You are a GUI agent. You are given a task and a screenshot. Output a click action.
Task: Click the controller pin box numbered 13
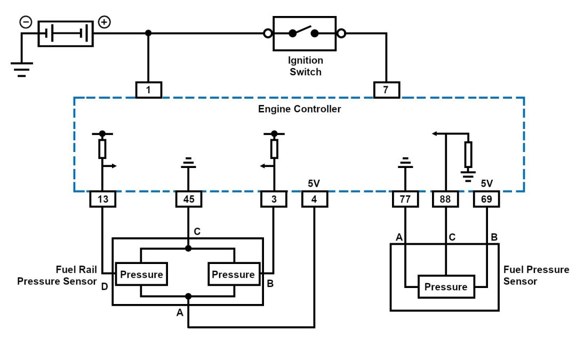point(102,199)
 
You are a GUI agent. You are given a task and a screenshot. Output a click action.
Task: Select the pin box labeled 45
point(189,199)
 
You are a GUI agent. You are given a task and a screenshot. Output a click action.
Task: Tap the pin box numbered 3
point(274,199)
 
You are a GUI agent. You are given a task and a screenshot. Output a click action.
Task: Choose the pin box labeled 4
point(315,199)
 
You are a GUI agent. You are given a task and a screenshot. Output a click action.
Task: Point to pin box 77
point(405,199)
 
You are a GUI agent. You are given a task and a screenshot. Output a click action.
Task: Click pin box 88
point(446,199)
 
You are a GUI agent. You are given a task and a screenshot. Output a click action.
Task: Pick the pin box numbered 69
point(487,199)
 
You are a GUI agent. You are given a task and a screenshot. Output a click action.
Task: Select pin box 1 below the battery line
point(148,90)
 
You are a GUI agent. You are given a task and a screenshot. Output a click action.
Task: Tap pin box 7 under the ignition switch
point(386,90)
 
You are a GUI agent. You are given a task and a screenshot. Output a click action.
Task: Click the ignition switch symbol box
point(304,34)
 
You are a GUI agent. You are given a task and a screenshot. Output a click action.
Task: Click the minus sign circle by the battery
point(26,22)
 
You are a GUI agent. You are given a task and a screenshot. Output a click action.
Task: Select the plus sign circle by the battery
point(105,22)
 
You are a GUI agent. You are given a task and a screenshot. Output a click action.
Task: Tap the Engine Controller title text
point(299,109)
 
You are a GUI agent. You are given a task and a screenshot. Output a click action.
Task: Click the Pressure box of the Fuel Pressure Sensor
point(446,287)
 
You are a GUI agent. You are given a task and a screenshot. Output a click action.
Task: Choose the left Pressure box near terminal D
point(141,274)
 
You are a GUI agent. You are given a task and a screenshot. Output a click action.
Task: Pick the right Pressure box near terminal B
point(234,274)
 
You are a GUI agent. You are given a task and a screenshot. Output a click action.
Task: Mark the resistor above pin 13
point(102,149)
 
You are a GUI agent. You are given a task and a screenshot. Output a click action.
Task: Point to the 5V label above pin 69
point(486,183)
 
